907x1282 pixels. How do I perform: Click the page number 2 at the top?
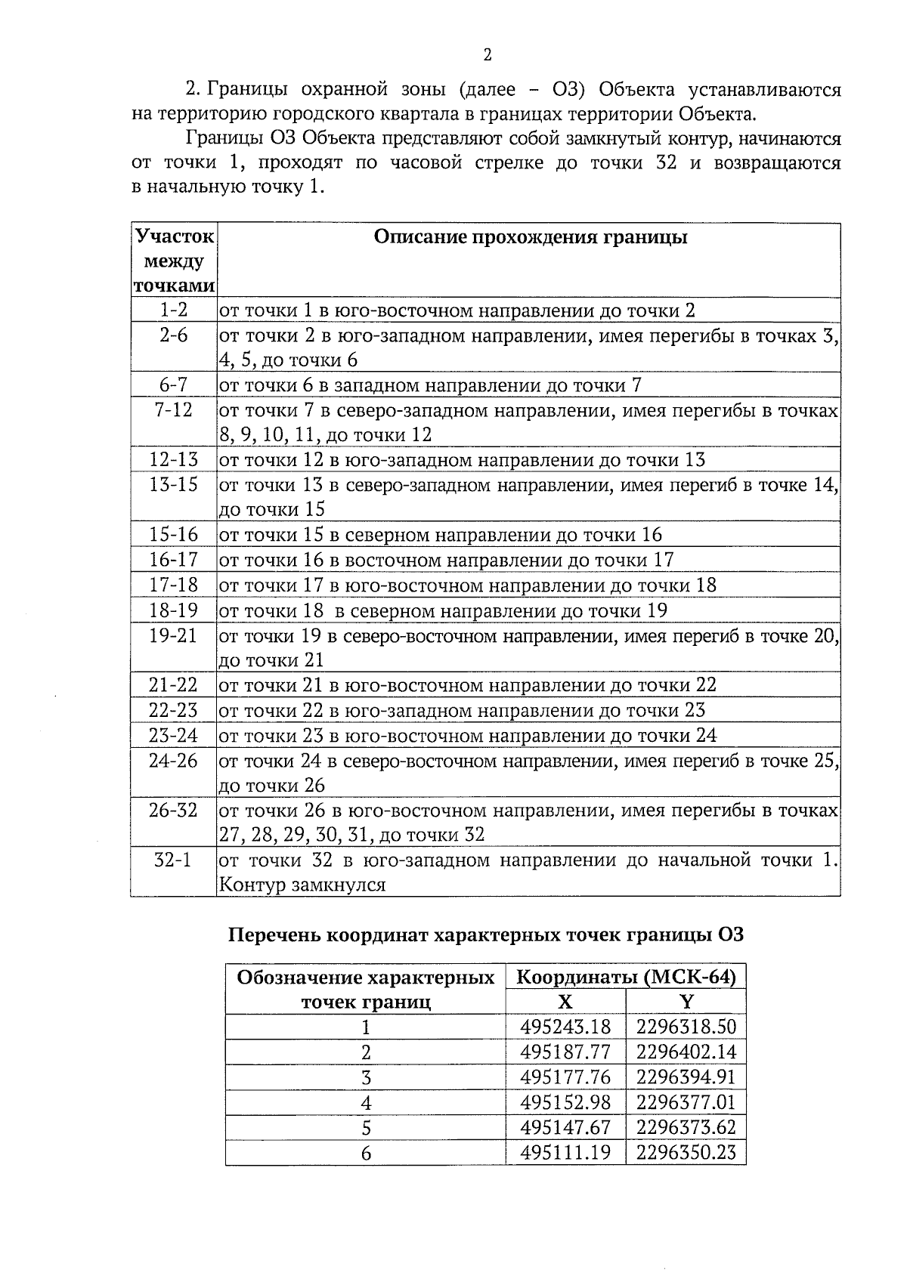click(x=487, y=54)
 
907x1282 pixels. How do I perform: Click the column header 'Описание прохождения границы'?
click(x=531, y=237)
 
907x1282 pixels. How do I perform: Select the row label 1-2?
click(x=173, y=310)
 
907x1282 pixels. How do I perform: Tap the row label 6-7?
click(x=173, y=385)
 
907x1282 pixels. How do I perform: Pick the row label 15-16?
click(x=173, y=535)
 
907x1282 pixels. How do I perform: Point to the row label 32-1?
click(x=173, y=860)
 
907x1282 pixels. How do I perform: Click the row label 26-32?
click(x=173, y=811)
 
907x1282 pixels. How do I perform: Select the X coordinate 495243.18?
click(x=565, y=1027)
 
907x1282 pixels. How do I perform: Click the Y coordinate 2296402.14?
click(x=686, y=1052)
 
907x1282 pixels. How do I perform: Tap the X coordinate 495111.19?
click(x=565, y=1152)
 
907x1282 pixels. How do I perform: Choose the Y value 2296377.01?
click(x=686, y=1101)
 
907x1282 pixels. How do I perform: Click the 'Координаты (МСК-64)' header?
click(x=626, y=978)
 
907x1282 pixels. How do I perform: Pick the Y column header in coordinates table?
click(x=686, y=1002)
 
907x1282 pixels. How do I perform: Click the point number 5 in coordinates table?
click(x=366, y=1128)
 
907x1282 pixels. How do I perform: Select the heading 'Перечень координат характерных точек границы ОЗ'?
click(x=486, y=935)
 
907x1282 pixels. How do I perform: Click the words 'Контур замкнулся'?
click(x=302, y=885)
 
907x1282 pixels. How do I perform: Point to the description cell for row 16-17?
click(x=446, y=560)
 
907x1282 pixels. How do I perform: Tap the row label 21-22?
click(x=173, y=685)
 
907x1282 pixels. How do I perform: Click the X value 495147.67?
click(x=565, y=1127)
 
